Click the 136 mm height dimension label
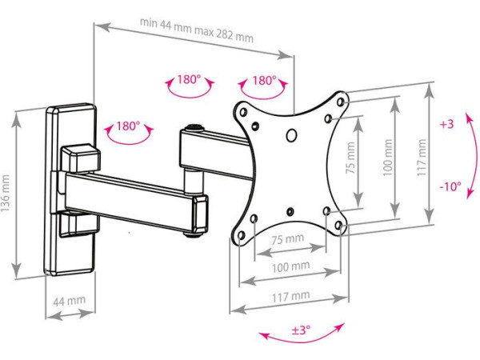(x=6, y=193)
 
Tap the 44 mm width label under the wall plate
(x=69, y=302)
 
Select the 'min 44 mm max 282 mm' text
(x=197, y=30)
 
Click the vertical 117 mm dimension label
(x=422, y=158)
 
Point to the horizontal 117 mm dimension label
(x=291, y=296)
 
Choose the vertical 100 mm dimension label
(x=388, y=158)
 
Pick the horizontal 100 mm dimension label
(x=291, y=267)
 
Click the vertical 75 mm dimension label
(x=351, y=158)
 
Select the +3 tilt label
(x=446, y=124)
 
